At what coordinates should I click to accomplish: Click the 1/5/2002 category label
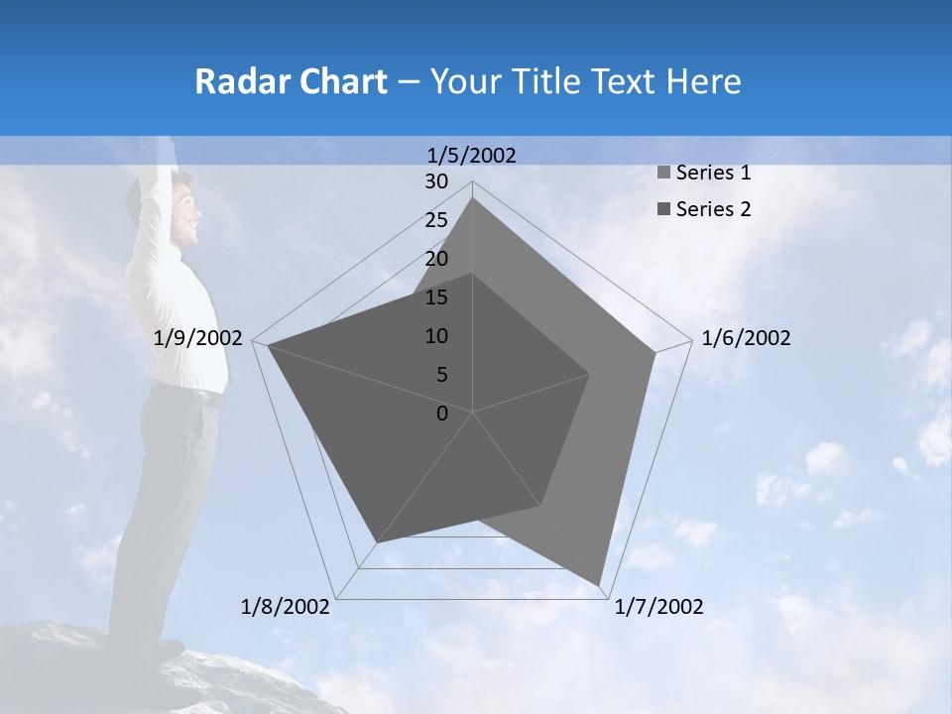472,155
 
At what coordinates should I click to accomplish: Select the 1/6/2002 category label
746,338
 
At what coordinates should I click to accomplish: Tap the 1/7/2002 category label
658,607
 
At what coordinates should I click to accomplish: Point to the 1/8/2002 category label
286,607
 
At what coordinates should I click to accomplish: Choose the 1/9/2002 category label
198,338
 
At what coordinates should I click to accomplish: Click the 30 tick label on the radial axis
436,181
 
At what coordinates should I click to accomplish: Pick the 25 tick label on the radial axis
436,220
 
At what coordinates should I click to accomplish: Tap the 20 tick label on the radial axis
436,259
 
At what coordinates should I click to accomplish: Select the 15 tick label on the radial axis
436,297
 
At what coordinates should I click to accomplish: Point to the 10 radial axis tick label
436,336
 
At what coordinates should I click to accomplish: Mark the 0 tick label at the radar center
442,414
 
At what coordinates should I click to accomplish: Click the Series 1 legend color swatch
663,174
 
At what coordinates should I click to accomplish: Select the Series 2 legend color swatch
663,209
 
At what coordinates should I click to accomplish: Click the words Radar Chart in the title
291,81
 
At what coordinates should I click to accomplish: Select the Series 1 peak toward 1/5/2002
472,198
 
